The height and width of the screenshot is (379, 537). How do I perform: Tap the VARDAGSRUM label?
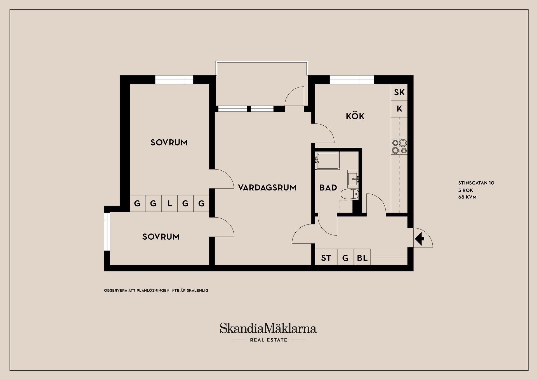click(267, 187)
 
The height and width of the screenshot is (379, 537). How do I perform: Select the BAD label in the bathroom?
click(328, 188)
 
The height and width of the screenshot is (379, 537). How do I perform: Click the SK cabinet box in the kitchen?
click(399, 92)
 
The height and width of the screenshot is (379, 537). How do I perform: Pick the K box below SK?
click(399, 109)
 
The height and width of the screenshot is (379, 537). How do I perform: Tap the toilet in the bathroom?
click(350, 194)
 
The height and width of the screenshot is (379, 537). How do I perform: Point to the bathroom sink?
click(353, 179)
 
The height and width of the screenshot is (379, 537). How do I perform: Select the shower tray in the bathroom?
click(328, 161)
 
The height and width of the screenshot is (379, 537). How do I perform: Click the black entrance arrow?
click(420, 239)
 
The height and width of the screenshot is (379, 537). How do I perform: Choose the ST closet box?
click(326, 257)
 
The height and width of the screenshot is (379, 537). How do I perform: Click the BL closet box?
click(362, 257)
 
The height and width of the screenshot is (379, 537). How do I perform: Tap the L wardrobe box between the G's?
click(169, 203)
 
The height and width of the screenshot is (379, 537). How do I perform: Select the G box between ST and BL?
click(345, 257)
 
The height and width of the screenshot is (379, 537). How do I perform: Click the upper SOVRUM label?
click(169, 142)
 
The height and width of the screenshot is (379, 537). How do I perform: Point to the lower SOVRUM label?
click(161, 237)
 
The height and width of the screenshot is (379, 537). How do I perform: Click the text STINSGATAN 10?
click(476, 183)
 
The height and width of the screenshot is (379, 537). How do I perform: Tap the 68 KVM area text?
click(467, 197)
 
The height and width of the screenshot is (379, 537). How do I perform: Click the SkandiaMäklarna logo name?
click(268, 328)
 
